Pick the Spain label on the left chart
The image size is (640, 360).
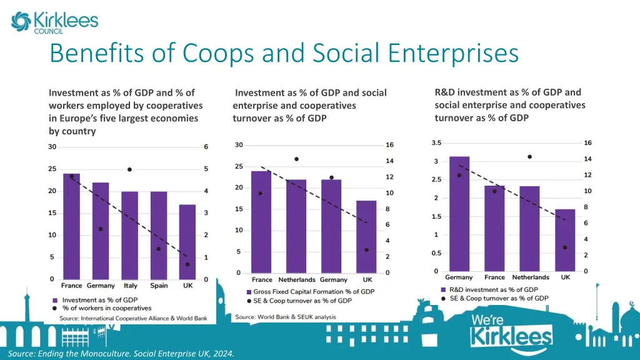click(x=159, y=286)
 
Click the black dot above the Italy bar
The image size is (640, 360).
click(x=129, y=169)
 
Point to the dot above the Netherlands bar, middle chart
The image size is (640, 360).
click(x=296, y=159)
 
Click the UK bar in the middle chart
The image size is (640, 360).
click(x=367, y=237)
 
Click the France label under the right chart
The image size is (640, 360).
click(x=494, y=277)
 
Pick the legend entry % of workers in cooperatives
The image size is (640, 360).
click(x=107, y=308)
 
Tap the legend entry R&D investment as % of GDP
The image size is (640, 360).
click(x=494, y=289)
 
